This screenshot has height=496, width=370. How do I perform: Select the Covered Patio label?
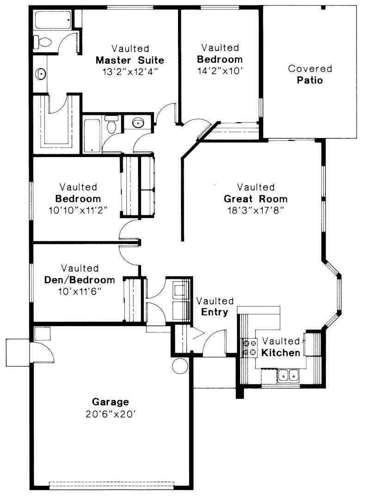coord(310,75)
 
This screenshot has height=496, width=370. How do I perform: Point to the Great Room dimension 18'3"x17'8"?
coord(256,210)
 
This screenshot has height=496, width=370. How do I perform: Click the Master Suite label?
coord(130,60)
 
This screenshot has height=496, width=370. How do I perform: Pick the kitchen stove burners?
coord(250,348)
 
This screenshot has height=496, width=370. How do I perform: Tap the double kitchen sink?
coord(288,375)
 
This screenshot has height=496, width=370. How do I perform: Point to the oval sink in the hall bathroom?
coord(137,123)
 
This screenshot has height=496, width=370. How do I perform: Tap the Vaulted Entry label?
coord(215,307)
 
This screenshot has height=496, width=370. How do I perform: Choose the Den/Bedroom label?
coord(80,280)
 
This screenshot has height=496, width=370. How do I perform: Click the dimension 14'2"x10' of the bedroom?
coord(220,71)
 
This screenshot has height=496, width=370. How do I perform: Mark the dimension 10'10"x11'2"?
coord(78,210)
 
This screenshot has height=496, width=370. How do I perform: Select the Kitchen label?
coord(281,353)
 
